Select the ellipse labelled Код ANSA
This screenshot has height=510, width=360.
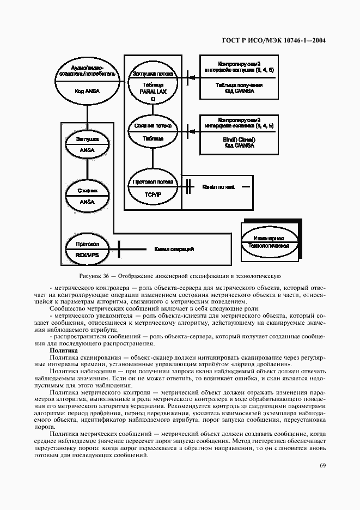[87, 82]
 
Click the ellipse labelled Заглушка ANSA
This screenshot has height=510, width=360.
[87, 144]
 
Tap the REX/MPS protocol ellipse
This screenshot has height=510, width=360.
[87, 248]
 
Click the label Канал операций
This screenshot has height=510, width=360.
[174, 249]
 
